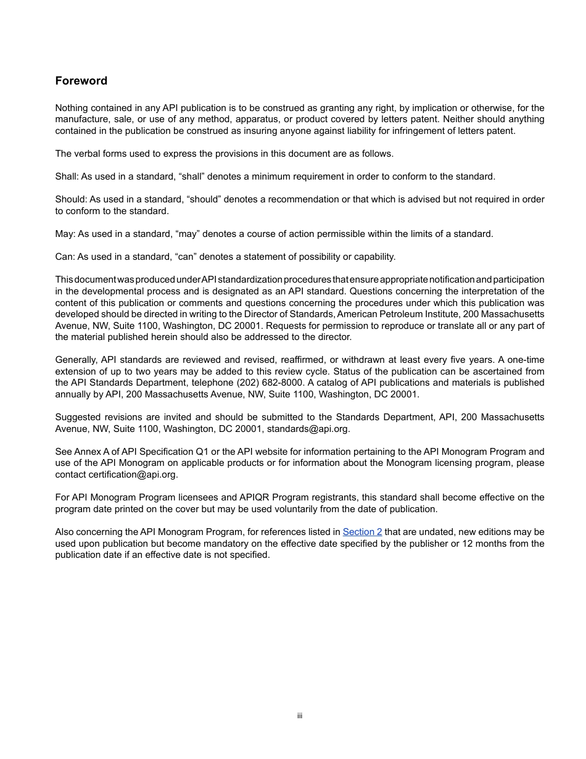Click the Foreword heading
[81, 81]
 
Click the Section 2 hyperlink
[362, 532]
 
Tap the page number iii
[300, 716]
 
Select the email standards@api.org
[308, 429]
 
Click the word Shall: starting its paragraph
[67, 176]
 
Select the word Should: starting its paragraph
[71, 199]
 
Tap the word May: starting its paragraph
[65, 234]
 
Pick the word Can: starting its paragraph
[65, 257]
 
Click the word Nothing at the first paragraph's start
[72, 108]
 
